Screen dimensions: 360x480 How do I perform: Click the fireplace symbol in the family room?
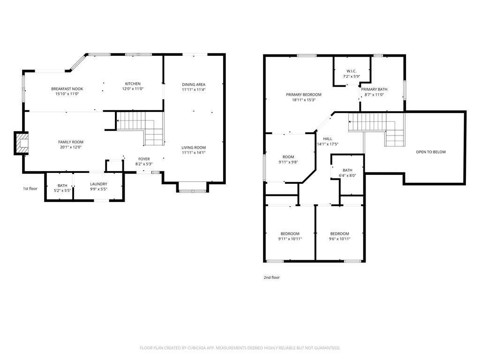[22, 143]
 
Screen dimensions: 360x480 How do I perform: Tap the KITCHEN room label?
[133, 84]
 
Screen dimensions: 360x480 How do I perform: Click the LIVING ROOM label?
[194, 147]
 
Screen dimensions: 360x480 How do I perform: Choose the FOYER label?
[143, 159]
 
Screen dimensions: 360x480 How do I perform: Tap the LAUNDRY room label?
[98, 184]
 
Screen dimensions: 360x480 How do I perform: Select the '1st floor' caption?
[30, 188]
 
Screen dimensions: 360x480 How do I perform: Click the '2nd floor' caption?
[271, 277]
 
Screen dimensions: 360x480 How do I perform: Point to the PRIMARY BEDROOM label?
[304, 94]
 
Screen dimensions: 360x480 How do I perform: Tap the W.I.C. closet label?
[352, 71]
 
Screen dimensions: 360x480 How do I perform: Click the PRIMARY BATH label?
[374, 89]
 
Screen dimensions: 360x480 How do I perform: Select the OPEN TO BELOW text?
[431, 152]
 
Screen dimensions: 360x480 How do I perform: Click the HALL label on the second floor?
[327, 139]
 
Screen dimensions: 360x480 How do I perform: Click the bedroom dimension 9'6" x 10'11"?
[339, 239]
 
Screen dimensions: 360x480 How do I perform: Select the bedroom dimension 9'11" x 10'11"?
[290, 239]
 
